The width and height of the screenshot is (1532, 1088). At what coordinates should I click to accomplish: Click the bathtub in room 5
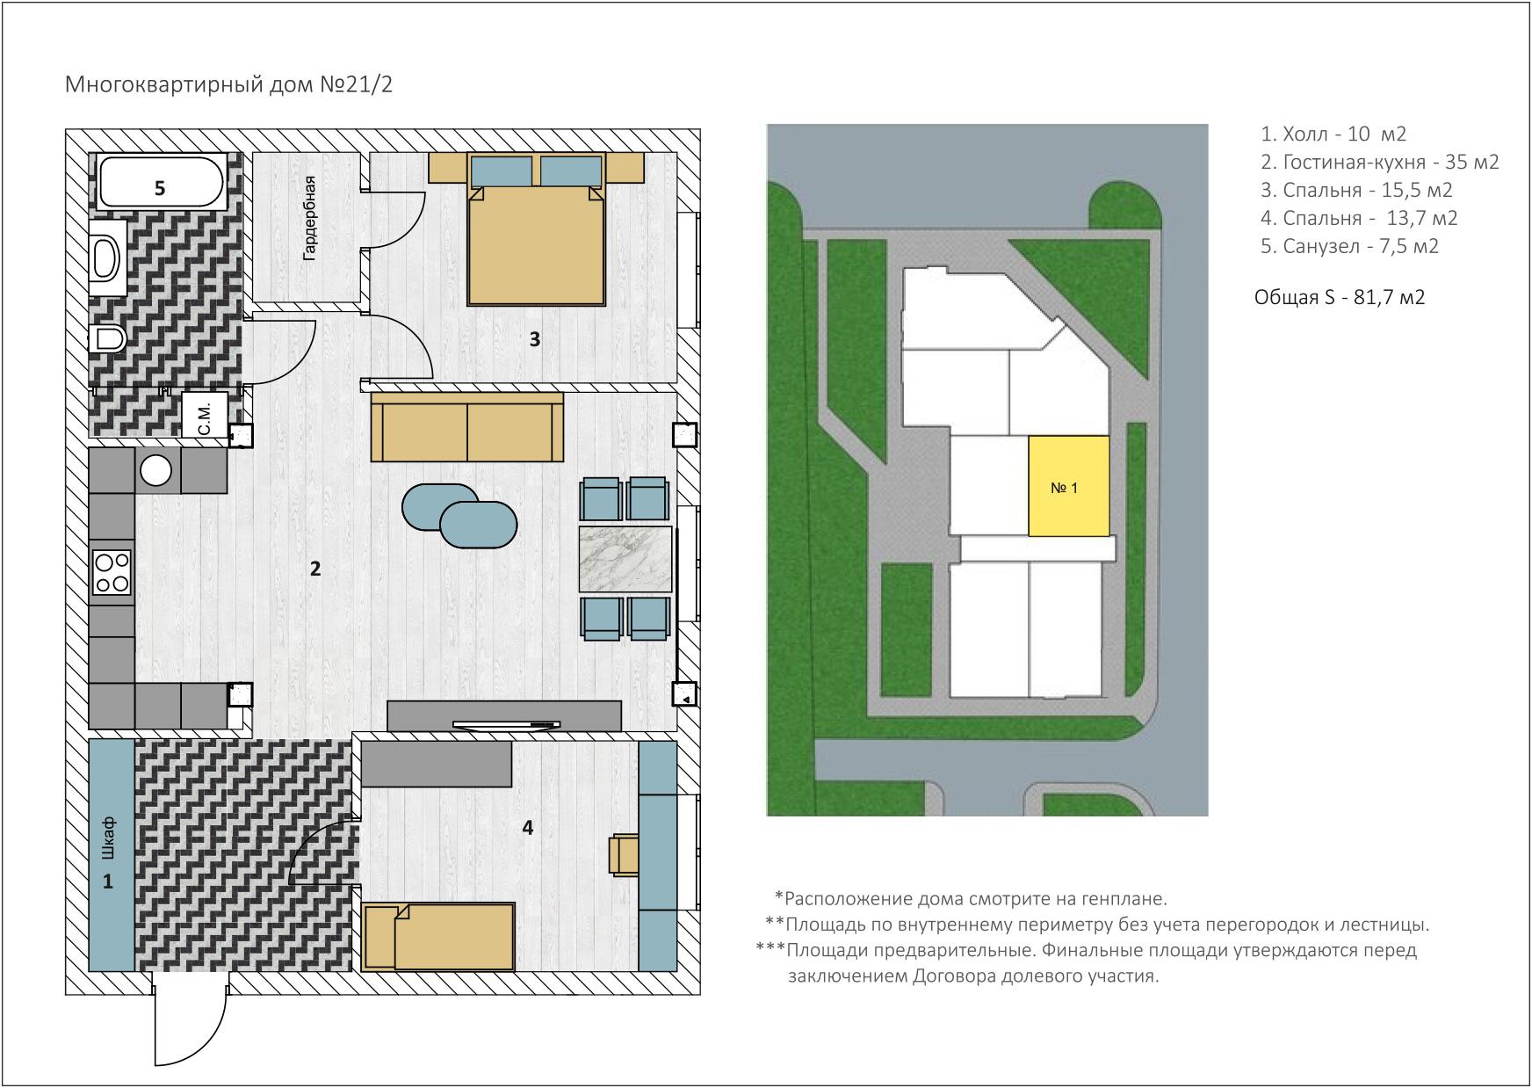coord(159,182)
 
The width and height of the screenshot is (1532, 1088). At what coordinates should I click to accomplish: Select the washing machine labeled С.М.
coord(205,414)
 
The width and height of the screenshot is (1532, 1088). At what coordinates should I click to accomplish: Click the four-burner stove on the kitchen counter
coord(112,571)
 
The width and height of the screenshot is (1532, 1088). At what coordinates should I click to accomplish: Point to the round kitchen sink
coord(156,470)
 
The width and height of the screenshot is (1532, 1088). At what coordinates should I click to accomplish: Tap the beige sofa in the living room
coord(467,427)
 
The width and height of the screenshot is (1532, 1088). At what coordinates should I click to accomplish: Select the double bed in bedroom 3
coord(537,228)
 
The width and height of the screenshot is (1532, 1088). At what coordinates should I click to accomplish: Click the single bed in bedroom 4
coord(439,937)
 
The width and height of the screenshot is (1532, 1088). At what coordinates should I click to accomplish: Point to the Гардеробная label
coord(309,217)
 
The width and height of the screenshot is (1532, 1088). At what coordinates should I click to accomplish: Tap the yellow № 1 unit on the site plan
coord(1068,486)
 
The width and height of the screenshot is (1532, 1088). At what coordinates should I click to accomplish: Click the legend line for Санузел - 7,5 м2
coord(1349,246)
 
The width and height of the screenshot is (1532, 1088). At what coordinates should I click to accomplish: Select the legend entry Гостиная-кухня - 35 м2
coord(1379,162)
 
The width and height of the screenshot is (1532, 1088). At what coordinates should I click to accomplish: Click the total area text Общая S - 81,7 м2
coord(1340,297)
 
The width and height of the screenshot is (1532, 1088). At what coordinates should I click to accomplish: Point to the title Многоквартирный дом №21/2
coord(229,84)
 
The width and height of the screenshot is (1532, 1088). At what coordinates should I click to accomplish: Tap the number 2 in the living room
coord(315,569)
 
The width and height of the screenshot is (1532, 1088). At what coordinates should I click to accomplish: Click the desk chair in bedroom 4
coord(625,854)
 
